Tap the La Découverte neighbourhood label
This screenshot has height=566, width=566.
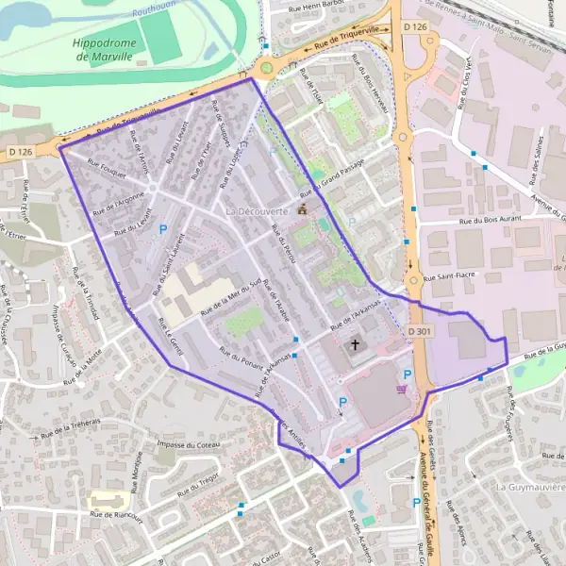coord(256,211)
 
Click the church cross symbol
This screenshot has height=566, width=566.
coord(357,345)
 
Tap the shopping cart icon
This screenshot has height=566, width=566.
coord(403,388)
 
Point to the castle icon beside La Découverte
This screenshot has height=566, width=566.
coord(302,209)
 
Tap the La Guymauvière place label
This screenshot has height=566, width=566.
coord(529,487)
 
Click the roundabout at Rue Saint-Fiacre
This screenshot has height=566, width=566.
coord(412,280)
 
